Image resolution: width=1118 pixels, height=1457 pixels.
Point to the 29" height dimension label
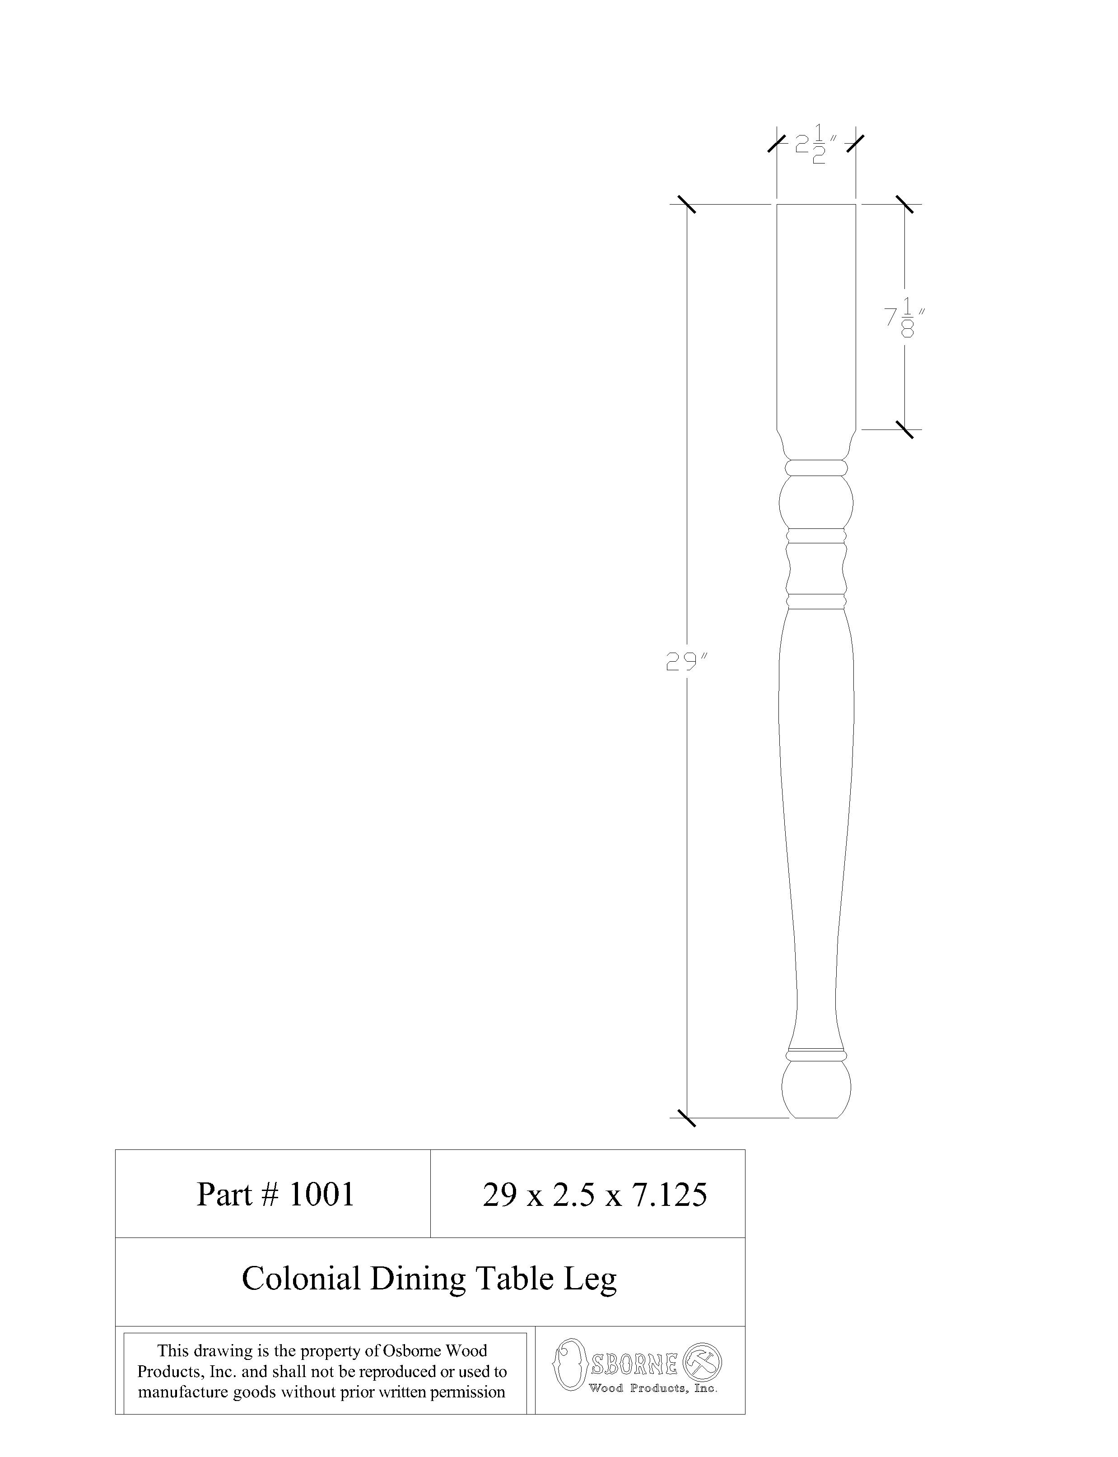686,662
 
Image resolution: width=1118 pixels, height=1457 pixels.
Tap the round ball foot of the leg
816,1089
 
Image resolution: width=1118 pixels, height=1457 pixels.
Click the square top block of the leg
816,313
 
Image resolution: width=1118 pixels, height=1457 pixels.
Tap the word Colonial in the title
300,1279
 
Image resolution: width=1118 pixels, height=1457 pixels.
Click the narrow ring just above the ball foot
816,1055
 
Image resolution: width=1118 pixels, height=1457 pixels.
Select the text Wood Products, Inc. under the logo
652,1388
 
